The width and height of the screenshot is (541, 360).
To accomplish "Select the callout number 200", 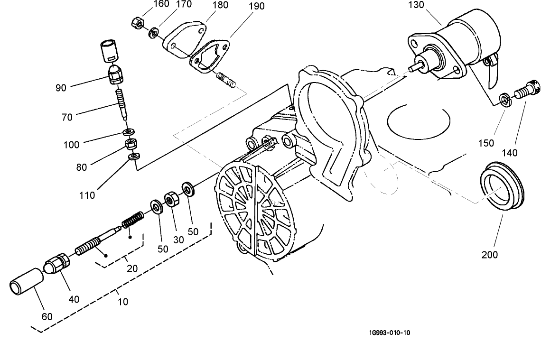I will [489, 255].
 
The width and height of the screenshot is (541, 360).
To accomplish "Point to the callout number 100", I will [72, 145].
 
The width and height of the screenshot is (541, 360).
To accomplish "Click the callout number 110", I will [87, 195].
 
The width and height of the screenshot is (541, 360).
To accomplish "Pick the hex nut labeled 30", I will [171, 200].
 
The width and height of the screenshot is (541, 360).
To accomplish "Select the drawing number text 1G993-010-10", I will [389, 332].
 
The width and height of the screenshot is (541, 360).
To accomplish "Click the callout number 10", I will [122, 302].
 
